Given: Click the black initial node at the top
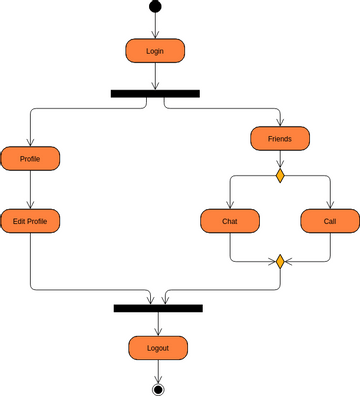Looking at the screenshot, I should (155, 7).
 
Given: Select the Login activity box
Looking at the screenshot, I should (155, 50).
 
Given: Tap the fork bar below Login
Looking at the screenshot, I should (155, 93).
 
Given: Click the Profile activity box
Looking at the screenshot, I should (30, 158).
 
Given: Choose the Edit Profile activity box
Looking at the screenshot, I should (30, 220).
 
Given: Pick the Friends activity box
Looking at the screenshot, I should (280, 138).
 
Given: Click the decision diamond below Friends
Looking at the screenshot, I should (280, 176).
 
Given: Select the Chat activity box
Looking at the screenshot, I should (230, 220).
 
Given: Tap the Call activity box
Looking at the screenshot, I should (330, 220).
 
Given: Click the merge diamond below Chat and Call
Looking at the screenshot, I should (280, 262).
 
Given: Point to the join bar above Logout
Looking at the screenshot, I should (158, 308).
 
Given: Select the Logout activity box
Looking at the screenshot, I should (158, 348).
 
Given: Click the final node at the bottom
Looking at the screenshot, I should (158, 388).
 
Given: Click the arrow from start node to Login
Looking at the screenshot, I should (155, 26).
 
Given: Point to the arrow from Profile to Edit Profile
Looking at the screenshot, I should (30, 189).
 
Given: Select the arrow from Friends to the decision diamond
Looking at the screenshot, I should (280, 160).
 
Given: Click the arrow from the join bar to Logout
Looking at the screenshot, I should (158, 324).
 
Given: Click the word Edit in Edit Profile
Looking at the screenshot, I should (19, 220).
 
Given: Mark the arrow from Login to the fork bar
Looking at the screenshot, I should (155, 76).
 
